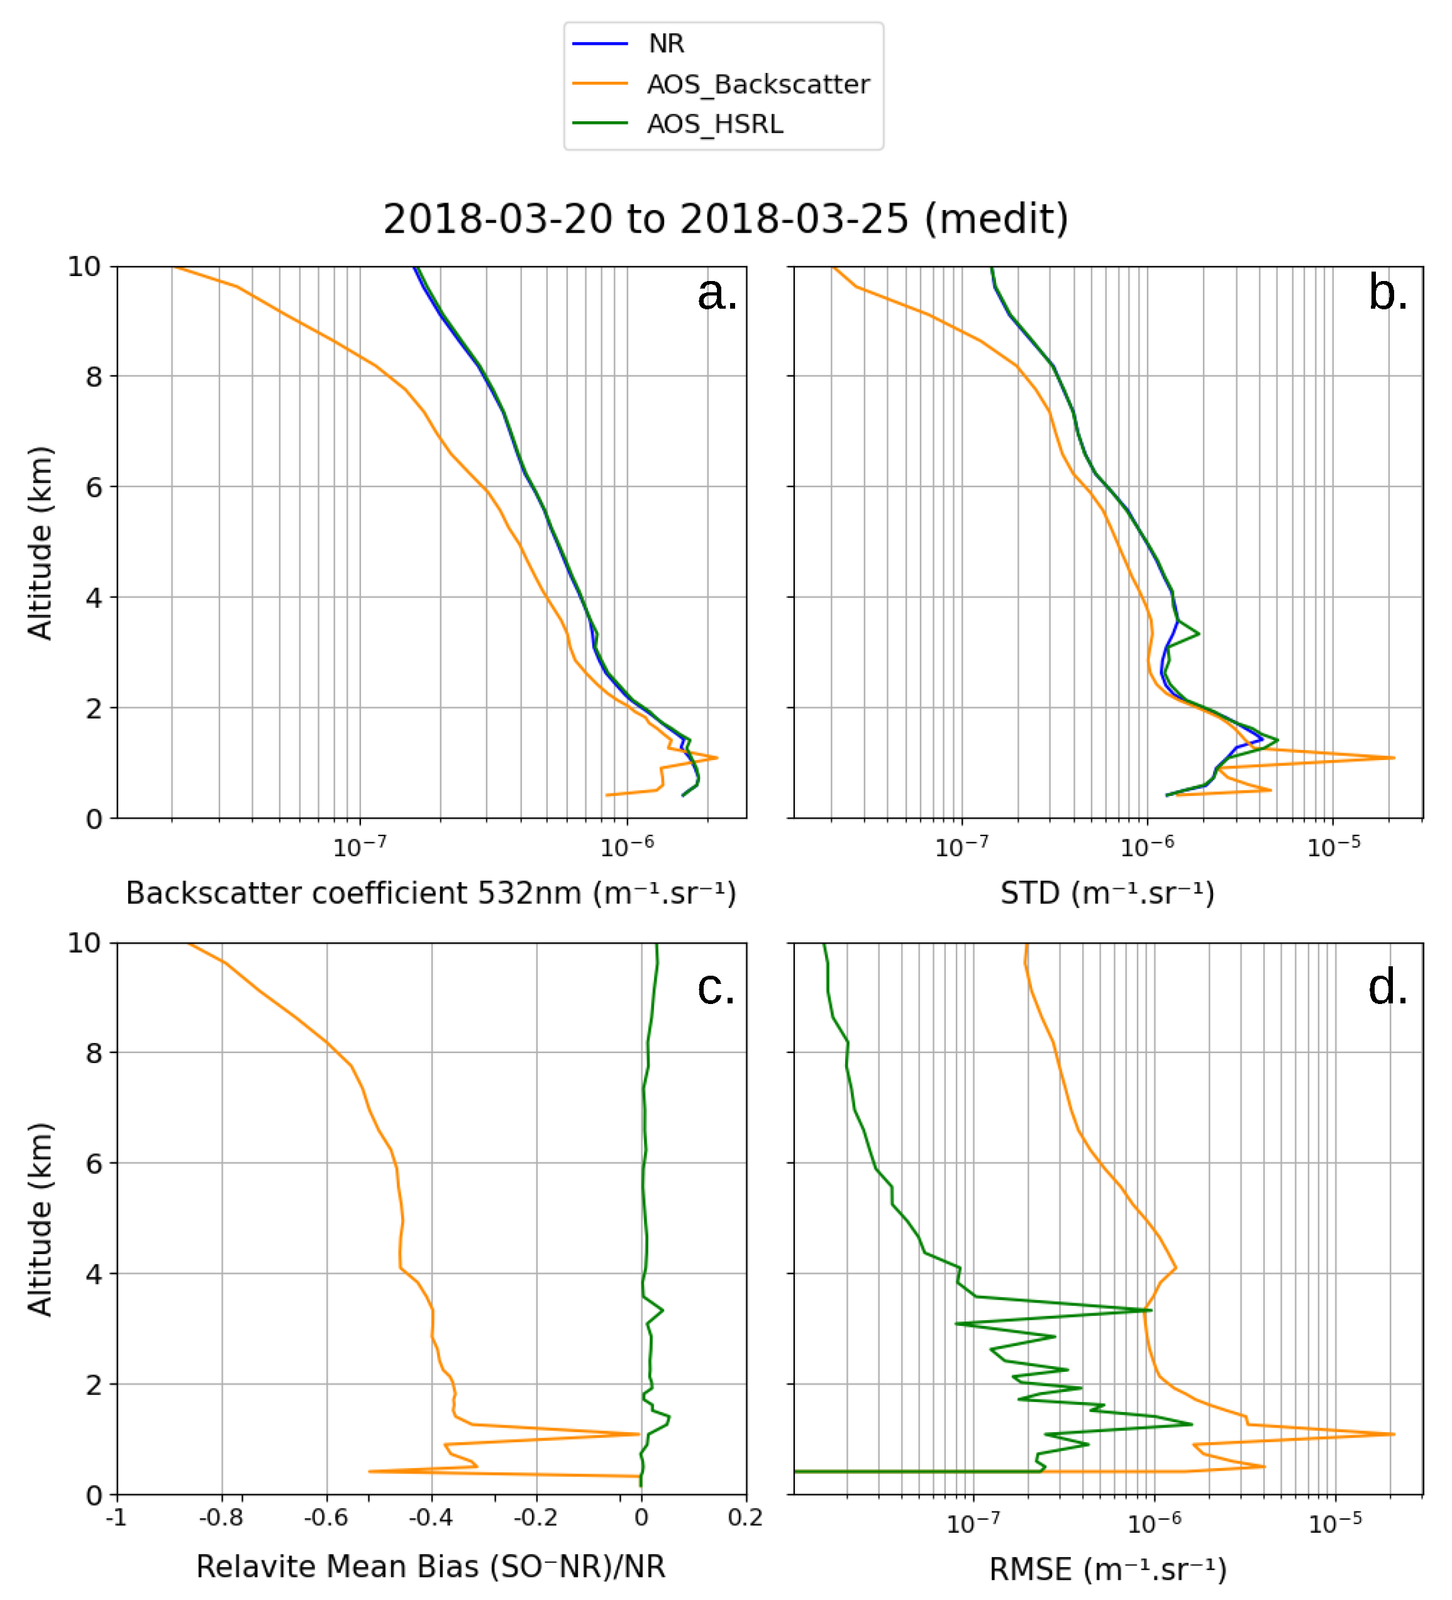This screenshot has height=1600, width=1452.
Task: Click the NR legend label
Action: point(665,43)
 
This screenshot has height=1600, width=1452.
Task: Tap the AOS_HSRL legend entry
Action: point(714,124)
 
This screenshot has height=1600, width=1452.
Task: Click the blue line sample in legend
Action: point(600,43)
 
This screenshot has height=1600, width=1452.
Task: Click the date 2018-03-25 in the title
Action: point(793,218)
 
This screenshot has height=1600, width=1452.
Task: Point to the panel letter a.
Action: point(716,294)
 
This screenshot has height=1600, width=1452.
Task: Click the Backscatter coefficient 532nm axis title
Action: point(431,893)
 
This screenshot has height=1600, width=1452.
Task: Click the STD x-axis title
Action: point(1107,893)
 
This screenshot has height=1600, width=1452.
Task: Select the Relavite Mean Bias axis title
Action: point(431,1567)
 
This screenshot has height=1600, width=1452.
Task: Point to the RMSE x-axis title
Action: point(1107,1569)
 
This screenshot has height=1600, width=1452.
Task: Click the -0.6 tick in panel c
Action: point(326,1518)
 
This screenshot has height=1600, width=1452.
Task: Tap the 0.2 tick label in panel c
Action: point(745,1518)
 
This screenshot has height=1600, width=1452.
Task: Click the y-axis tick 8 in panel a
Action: point(94,377)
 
